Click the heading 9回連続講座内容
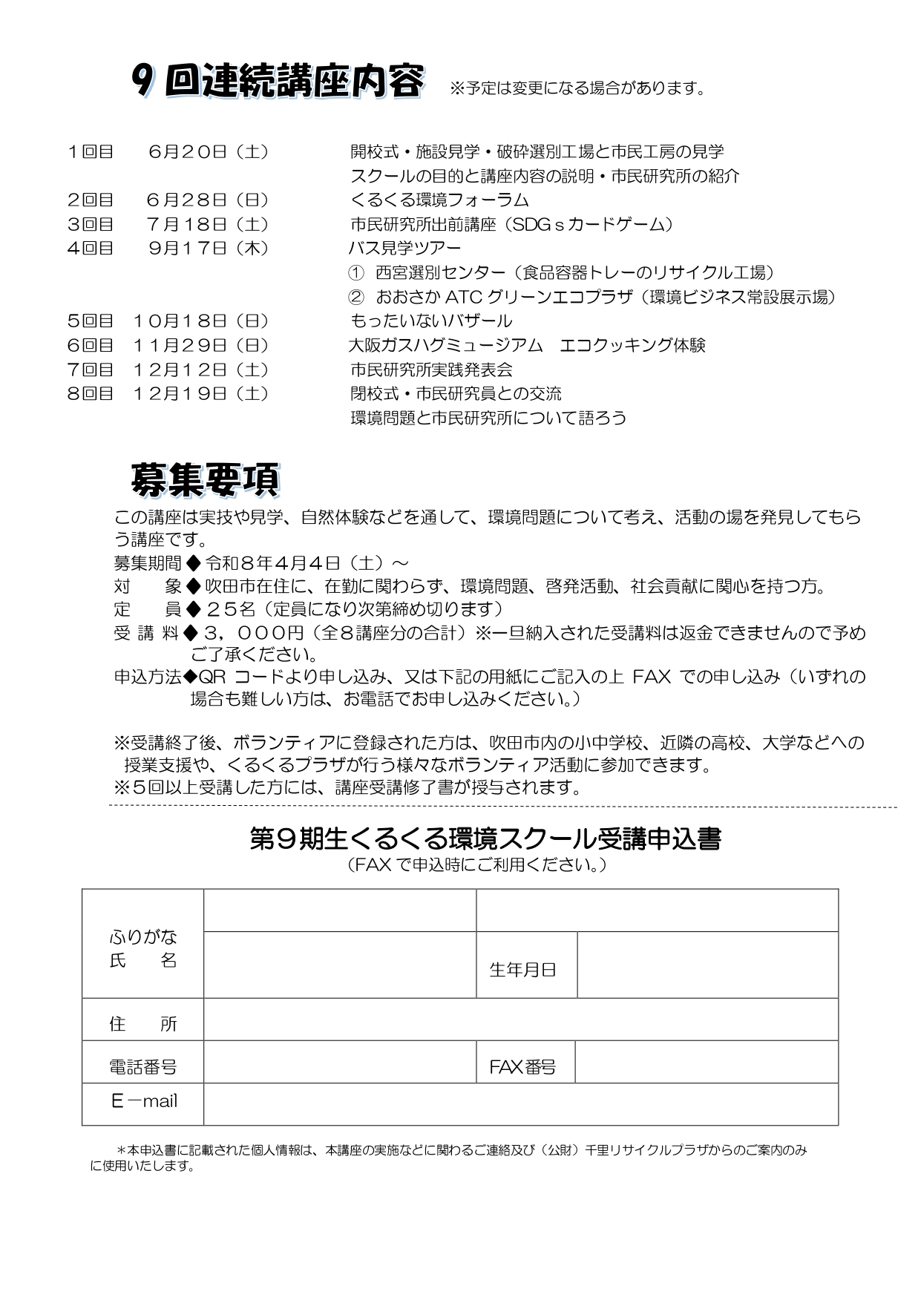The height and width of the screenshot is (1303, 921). (278, 82)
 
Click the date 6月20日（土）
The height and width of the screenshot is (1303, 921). (208, 152)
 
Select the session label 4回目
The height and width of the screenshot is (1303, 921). (91, 249)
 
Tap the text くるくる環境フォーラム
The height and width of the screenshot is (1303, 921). (439, 200)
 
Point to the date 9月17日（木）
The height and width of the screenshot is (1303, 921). (208, 249)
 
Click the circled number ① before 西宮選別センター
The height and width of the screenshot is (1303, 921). (356, 273)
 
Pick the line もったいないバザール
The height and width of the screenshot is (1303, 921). (431, 321)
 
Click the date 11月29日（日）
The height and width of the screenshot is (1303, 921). (200, 346)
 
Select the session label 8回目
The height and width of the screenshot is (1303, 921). (91, 394)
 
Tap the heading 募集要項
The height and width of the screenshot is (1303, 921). (205, 480)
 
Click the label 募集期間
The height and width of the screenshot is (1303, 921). (148, 563)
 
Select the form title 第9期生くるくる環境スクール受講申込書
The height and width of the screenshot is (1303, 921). (485, 839)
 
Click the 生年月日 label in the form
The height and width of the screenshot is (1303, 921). (522, 970)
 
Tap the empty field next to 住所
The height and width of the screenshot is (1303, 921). (520, 1020)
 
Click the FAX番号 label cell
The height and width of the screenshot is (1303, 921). (522, 1067)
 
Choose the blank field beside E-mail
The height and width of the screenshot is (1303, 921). (520, 1104)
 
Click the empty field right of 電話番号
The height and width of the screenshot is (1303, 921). (339, 1062)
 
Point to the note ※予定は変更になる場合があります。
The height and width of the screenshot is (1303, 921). (577, 89)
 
